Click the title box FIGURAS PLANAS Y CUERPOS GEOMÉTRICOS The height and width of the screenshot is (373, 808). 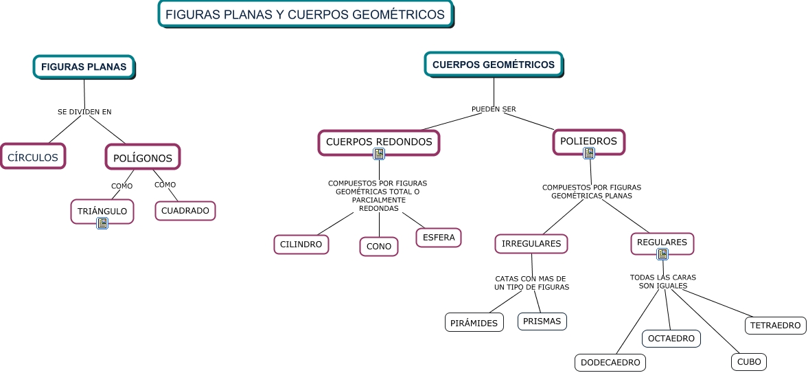[305, 14]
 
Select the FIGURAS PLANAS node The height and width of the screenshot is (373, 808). [84, 67]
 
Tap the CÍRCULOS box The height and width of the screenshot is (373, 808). [33, 157]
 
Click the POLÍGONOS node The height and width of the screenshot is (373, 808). [143, 157]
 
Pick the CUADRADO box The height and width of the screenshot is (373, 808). [185, 211]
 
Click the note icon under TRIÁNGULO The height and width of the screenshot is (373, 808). [102, 223]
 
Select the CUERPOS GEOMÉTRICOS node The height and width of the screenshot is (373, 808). [494, 65]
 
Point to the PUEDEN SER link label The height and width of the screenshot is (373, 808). [494, 109]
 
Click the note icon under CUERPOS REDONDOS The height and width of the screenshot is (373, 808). [379, 154]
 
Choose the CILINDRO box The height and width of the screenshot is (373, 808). [301, 244]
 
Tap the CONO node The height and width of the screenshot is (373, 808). [379, 247]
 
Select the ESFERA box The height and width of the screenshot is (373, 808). [439, 238]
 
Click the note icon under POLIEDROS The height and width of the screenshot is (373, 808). [588, 153]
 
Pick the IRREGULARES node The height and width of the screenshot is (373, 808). [531, 243]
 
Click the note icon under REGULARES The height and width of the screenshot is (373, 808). [662, 254]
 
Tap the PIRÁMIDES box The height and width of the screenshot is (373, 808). [474, 323]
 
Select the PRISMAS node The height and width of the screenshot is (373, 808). [542, 321]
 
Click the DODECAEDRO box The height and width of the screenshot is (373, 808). [610, 362]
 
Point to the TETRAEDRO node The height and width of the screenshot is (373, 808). [776, 325]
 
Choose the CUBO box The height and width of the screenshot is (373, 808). [748, 362]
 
